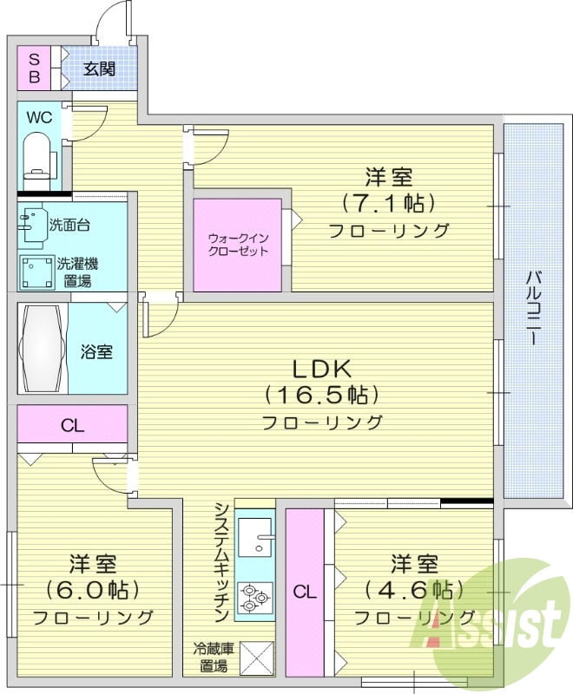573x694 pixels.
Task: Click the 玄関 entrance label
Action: (99, 69)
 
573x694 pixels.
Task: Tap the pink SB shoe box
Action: (35, 68)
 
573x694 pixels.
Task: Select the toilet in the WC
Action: (38, 155)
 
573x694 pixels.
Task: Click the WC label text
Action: (39, 116)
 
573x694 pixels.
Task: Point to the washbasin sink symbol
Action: (32, 224)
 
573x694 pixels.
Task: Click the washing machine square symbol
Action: (36, 272)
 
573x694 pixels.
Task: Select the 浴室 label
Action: (96, 352)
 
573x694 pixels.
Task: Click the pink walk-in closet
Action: (237, 246)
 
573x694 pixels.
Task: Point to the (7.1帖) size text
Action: (388, 204)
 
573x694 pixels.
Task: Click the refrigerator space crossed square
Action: (256, 658)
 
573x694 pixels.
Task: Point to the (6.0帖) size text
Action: (93, 590)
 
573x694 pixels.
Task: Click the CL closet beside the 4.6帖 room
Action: (304, 593)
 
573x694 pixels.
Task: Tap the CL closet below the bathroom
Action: (72, 425)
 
